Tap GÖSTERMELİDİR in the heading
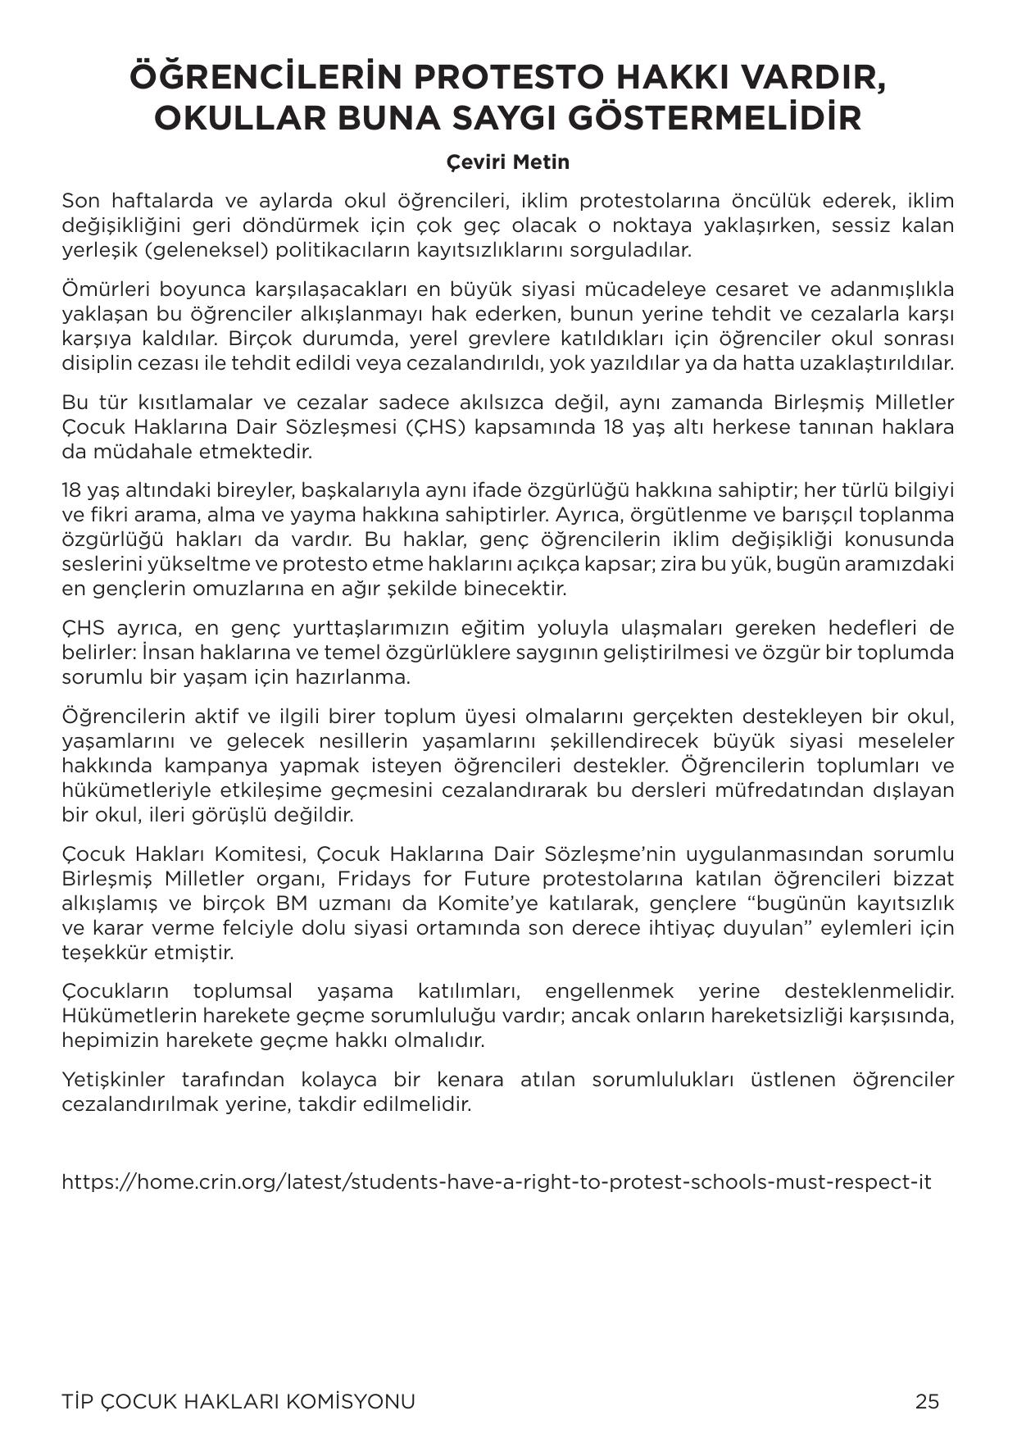tap(706, 118)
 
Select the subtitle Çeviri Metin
tap(508, 162)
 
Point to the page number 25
tap(927, 1401)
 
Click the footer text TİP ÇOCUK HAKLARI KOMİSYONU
tap(238, 1401)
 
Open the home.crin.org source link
tap(497, 1182)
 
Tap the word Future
tap(497, 879)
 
